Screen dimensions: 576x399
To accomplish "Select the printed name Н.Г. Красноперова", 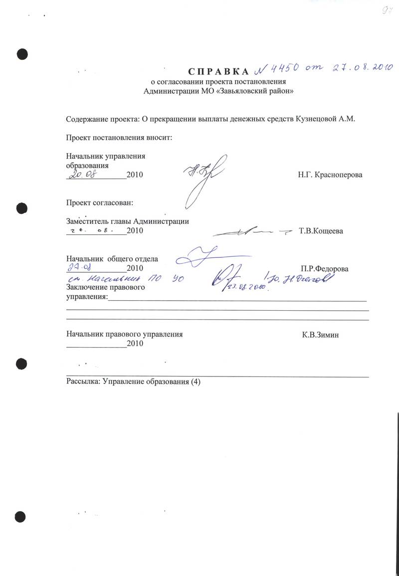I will coord(330,175).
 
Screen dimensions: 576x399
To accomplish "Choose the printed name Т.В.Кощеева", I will coord(321,231).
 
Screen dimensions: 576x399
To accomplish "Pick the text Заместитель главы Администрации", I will coord(128,221).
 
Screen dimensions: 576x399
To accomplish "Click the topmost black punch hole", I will coord(22,54).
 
